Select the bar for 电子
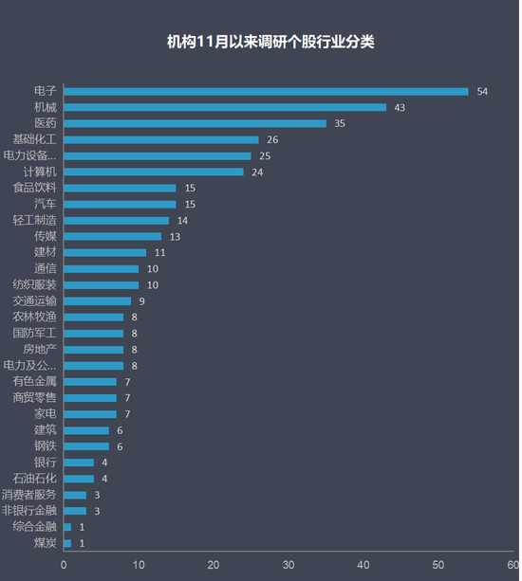(266, 91)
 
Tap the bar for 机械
(225, 107)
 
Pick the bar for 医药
(195, 123)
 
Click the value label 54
(482, 91)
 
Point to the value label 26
(272, 139)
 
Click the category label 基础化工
(35, 139)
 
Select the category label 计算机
(40, 172)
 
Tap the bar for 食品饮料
(120, 188)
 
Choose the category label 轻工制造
(35, 220)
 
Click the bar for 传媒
(112, 236)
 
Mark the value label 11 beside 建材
(160, 252)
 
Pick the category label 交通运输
(35, 300)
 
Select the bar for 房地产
(93, 349)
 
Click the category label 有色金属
(35, 381)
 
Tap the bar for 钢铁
(86, 446)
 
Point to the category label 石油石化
(35, 479)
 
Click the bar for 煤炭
(67, 543)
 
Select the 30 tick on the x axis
(289, 565)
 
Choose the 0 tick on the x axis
(64, 565)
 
